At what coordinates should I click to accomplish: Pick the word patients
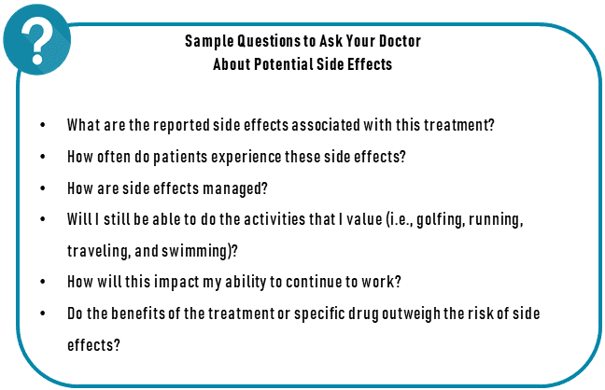(x=180, y=157)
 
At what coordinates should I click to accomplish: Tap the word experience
(x=246, y=157)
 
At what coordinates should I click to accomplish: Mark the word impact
(x=176, y=282)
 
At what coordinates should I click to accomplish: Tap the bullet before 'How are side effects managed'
(x=43, y=188)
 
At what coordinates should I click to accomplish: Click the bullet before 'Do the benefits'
(x=43, y=313)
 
